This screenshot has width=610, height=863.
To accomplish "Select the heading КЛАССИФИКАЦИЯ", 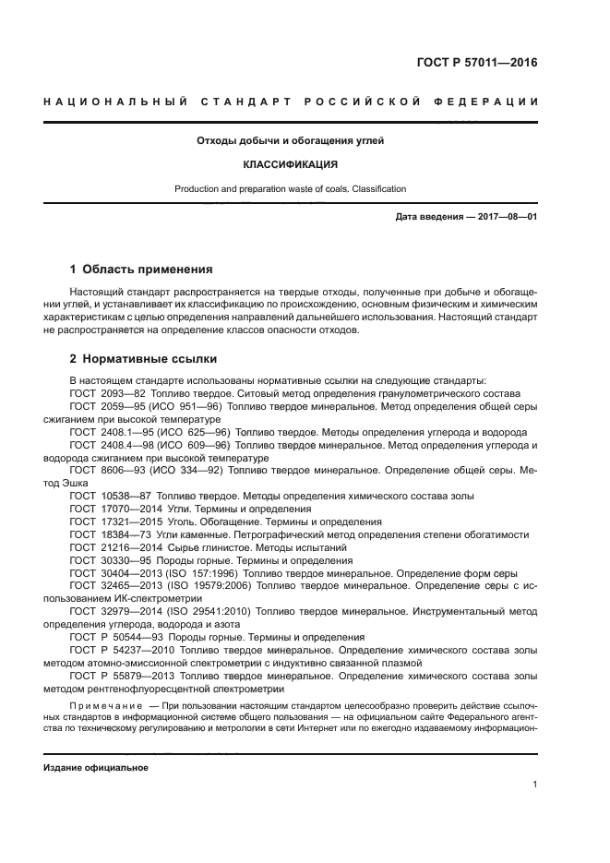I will pos(291,165).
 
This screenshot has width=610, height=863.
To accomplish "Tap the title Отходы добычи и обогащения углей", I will pos(291,141).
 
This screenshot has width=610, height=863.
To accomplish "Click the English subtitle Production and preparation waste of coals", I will pos(291,189).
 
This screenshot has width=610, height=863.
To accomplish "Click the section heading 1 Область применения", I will pos(141,270).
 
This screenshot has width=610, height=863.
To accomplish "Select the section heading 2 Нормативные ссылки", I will pos(144,359).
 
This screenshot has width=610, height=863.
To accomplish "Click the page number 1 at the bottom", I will pos(534,785).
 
